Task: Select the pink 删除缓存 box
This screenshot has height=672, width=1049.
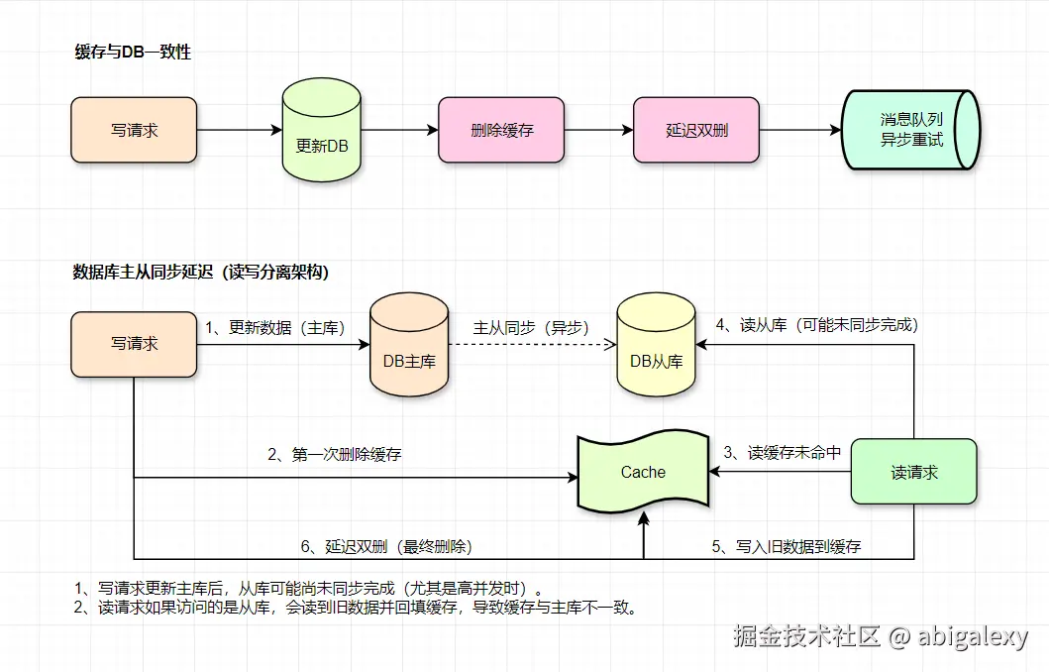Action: tap(501, 130)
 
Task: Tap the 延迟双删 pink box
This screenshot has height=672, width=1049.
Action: tap(696, 130)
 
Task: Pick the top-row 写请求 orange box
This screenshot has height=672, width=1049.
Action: tap(134, 130)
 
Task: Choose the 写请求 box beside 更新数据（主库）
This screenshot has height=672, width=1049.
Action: tap(134, 344)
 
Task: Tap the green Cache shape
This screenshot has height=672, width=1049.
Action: tap(644, 473)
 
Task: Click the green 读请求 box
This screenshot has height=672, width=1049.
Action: tap(913, 473)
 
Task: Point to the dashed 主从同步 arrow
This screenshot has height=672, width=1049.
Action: tap(531, 345)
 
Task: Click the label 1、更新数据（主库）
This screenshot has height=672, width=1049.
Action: tap(274, 327)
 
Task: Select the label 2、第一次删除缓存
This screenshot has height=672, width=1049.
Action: tap(335, 454)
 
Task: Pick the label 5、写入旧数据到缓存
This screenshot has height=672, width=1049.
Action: tap(787, 545)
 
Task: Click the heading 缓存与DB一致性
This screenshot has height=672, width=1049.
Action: tap(133, 53)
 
